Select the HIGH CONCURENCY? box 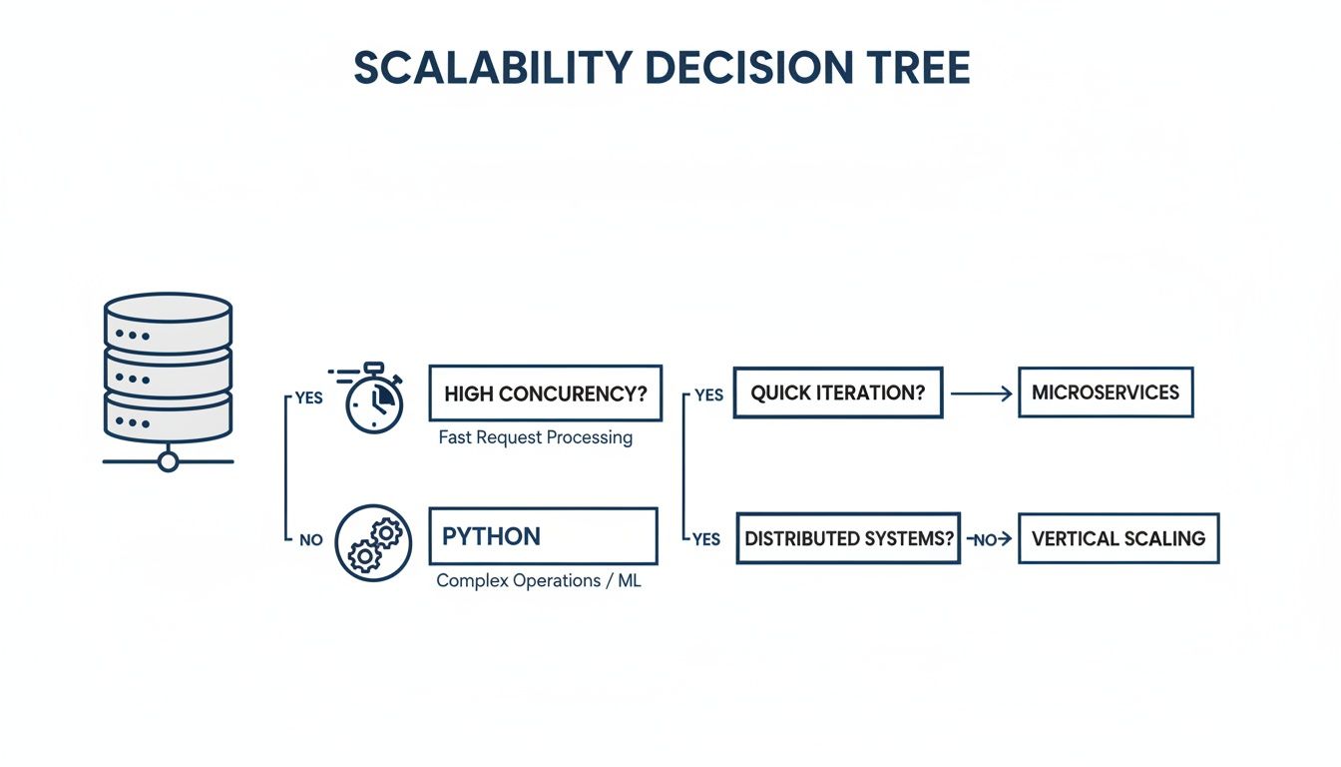point(545,392)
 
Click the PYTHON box point(543,536)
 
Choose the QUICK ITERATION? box point(838,392)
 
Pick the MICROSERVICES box point(1106,392)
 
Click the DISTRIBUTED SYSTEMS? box point(848,538)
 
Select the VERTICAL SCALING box point(1118,538)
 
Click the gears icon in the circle point(373,542)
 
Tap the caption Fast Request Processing point(536,437)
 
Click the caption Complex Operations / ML point(539,580)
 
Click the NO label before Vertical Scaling point(986,539)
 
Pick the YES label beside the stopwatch point(308,397)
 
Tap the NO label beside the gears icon point(310,539)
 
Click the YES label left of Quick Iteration point(708,395)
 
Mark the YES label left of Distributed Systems point(705,539)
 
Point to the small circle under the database point(168,461)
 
